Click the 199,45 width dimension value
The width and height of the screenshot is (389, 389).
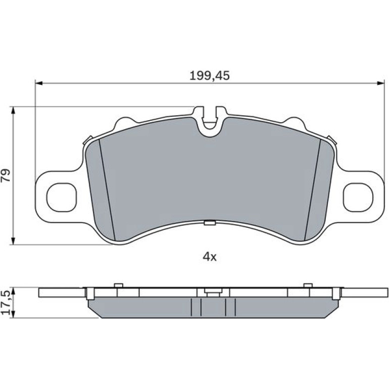[210, 75]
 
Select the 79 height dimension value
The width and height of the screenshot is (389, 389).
[6, 175]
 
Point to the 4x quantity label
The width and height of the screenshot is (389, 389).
[210, 257]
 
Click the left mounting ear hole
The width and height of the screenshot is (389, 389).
[62, 197]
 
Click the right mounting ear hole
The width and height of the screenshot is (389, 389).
[358, 197]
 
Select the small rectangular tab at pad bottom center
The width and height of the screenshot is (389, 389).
[210, 223]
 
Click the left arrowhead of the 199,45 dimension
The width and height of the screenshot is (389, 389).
[39, 83]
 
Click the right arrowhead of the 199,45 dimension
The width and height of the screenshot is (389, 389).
[381, 83]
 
